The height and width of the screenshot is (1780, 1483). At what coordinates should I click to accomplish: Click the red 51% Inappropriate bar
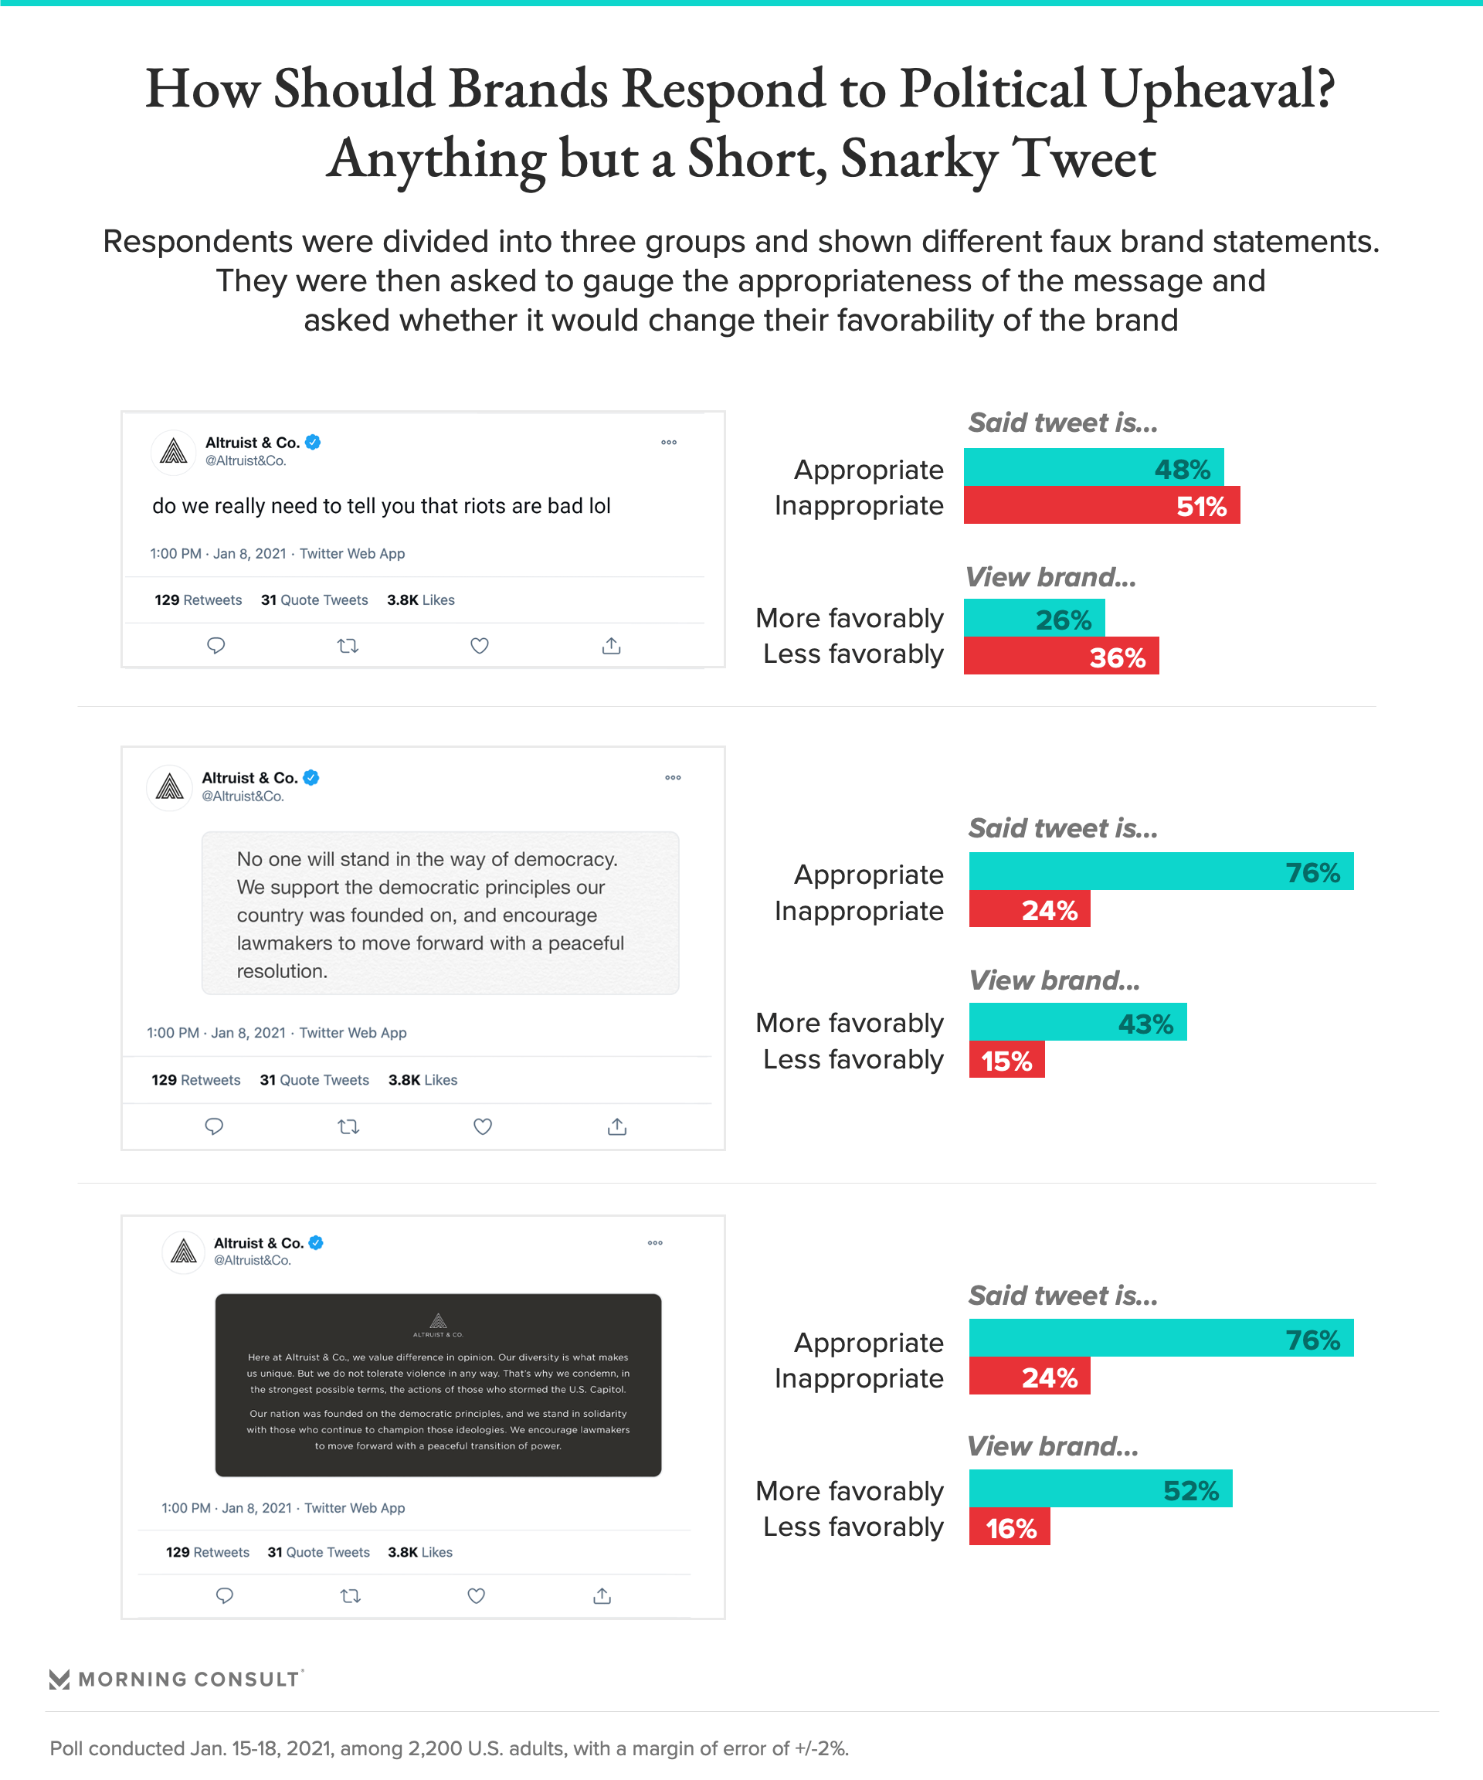(x=1101, y=505)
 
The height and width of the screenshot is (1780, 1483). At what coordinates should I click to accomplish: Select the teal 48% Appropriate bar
(x=1093, y=467)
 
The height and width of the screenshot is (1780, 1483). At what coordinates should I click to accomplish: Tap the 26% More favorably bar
(x=1034, y=618)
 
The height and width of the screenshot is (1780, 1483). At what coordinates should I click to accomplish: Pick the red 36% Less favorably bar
(x=1061, y=656)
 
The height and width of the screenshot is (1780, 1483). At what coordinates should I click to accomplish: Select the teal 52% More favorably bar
(x=1100, y=1490)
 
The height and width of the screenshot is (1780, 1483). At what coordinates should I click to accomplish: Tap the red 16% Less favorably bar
(x=1010, y=1527)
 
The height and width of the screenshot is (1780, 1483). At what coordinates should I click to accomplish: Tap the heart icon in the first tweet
(x=480, y=646)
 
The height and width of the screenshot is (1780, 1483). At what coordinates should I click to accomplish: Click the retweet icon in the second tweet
(x=348, y=1126)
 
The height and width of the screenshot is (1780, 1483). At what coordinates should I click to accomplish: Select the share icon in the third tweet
(x=602, y=1596)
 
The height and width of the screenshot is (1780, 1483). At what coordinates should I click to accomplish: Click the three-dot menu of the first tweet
(x=669, y=443)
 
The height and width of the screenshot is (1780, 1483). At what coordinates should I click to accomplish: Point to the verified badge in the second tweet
(x=311, y=777)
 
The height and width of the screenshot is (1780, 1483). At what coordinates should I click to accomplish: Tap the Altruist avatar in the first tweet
(x=174, y=452)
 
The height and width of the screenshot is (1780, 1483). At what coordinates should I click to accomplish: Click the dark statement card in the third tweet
(x=438, y=1384)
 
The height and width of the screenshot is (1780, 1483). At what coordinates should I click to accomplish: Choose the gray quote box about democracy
(x=439, y=913)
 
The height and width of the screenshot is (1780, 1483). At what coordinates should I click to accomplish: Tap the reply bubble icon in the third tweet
(x=225, y=1596)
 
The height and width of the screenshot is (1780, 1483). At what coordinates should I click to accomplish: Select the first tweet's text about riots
(x=382, y=506)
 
